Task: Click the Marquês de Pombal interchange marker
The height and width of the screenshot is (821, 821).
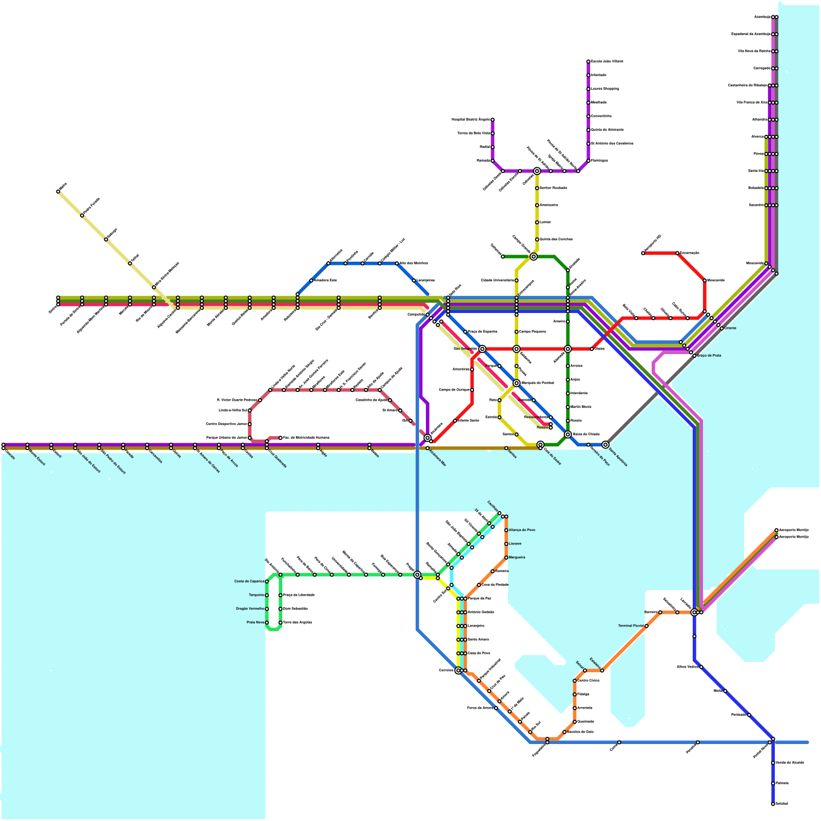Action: tap(516, 383)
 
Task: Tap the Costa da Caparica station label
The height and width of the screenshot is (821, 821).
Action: tap(249, 581)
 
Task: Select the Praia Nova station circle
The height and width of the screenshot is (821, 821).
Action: tap(267, 622)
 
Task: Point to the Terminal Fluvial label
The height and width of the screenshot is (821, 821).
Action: tap(631, 626)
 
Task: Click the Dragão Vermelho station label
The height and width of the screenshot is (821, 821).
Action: tap(249, 609)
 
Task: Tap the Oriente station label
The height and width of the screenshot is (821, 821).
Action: tap(730, 328)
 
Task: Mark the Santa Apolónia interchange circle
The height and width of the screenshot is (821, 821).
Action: tap(605, 444)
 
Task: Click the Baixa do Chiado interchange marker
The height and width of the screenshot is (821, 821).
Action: tap(568, 434)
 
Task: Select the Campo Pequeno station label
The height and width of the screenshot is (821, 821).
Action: tap(532, 332)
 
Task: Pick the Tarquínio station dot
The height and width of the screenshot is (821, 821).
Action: tap(267, 595)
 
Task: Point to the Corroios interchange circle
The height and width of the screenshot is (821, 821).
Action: tap(458, 670)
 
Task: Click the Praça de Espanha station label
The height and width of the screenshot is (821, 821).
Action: tap(482, 332)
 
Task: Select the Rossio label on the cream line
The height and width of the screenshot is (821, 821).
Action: tap(542, 427)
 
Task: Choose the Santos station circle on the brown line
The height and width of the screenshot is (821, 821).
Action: tap(506, 448)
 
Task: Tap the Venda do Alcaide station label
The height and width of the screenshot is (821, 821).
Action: tap(790, 763)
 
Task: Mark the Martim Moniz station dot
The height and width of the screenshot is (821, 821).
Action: tap(568, 407)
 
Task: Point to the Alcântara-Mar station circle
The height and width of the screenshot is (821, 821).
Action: tap(427, 448)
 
